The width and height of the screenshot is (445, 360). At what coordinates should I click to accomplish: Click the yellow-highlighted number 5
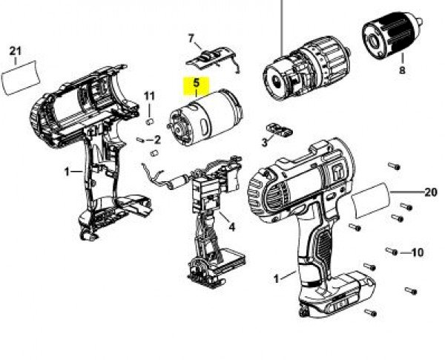[197, 85]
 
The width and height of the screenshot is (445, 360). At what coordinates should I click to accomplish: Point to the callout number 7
[191, 38]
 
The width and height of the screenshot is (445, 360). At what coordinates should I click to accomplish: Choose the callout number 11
[149, 96]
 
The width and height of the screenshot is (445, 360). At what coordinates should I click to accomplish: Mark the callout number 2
[158, 140]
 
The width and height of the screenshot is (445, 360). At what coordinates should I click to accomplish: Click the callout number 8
[402, 71]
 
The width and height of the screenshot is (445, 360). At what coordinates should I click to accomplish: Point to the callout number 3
[264, 142]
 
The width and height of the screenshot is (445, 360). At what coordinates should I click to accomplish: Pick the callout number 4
[231, 227]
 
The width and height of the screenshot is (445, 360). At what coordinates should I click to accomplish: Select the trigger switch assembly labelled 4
[211, 215]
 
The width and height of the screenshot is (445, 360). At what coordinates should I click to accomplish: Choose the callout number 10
[417, 252]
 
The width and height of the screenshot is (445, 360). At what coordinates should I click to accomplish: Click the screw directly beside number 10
[392, 251]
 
